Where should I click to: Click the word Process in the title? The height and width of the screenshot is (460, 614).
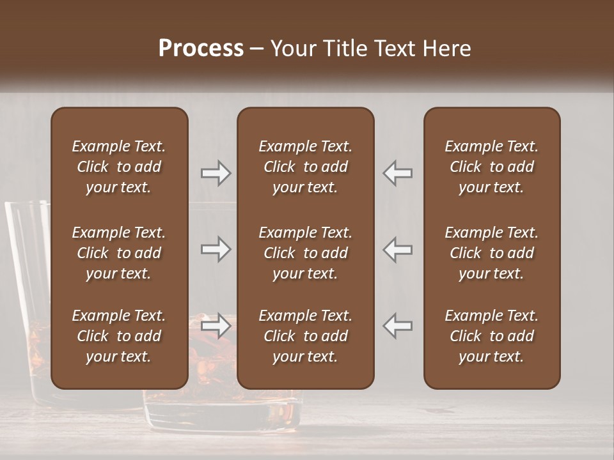201,49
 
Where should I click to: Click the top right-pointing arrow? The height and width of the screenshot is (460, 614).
216,173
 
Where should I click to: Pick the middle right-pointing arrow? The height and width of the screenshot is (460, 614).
216,249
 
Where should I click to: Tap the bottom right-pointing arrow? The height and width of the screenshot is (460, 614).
216,325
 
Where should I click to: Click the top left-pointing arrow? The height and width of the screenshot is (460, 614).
398,173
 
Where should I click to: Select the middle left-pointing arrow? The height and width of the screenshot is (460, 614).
398,249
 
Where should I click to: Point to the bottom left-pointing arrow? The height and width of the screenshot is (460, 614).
398,325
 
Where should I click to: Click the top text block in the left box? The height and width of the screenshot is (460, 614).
119,167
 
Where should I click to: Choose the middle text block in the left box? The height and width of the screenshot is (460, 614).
119,253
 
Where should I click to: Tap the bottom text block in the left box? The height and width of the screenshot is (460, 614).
119,336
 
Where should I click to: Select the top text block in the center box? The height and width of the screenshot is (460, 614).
305,167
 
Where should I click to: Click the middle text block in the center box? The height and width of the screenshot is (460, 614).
305,253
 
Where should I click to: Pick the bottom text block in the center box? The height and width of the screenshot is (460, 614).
305,336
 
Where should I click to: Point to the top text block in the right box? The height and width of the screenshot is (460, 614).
491,167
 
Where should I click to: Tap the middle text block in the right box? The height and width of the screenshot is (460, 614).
491,253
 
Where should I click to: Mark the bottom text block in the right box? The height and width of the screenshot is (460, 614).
491,336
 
